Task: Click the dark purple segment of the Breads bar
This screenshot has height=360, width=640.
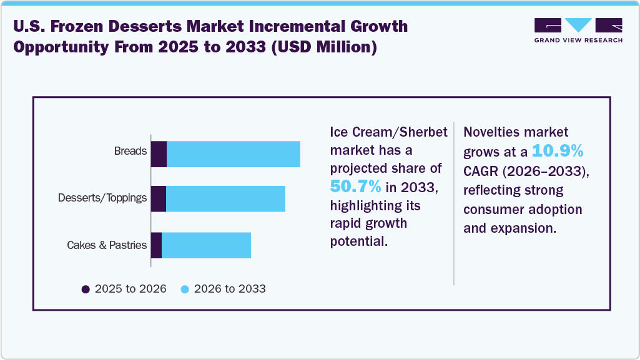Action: [x=159, y=154]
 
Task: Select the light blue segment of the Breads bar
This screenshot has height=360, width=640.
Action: [x=233, y=154]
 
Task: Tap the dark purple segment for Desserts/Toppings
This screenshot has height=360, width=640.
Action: [x=158, y=198]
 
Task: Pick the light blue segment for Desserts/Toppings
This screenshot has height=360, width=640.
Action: [x=225, y=198]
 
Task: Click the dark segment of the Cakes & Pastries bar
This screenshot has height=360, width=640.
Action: [x=156, y=245]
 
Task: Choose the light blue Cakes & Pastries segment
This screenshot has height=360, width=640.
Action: [x=206, y=245]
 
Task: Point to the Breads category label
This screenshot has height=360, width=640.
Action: [x=130, y=151]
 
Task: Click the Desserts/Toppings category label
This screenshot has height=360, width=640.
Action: [x=102, y=198]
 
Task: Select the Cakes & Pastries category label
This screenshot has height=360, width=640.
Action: [x=107, y=245]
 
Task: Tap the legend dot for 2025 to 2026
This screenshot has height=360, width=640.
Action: [x=86, y=289]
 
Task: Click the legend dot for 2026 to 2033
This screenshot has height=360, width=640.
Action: [x=184, y=289]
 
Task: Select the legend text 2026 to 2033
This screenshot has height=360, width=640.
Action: [x=230, y=289]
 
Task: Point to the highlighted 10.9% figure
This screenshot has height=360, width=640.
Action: [x=557, y=151]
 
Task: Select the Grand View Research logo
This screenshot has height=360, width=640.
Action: [x=578, y=30]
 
